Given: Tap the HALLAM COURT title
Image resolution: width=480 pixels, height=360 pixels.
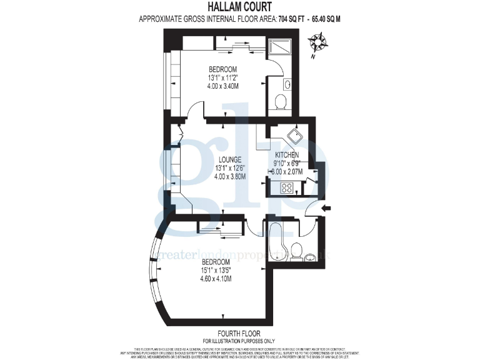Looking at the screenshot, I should tap(240, 7).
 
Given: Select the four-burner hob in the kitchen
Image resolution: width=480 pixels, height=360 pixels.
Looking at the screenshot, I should tap(288, 186).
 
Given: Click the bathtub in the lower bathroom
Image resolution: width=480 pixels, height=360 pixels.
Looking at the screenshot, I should tap(275, 240).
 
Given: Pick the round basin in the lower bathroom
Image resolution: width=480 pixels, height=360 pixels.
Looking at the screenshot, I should tap(310, 256).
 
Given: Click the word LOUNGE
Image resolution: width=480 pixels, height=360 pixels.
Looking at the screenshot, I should tap(222, 159).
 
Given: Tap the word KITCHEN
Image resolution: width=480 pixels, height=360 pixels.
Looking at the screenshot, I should tap(287, 154).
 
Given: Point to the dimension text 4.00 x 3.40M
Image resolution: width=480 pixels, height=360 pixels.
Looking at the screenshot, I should tap(222, 86).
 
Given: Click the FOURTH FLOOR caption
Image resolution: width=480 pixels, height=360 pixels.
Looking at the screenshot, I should tap(239, 334).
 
